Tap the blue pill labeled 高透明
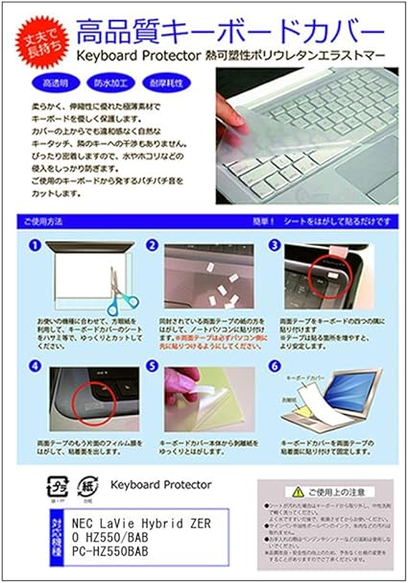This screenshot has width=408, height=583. (60, 84)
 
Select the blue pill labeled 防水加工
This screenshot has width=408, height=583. (114, 84)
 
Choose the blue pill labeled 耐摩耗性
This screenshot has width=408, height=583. (168, 84)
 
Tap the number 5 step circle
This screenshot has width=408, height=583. (152, 366)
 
